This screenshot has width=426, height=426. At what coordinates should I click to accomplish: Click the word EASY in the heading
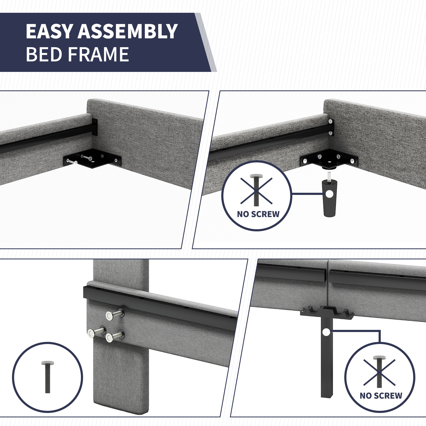49,31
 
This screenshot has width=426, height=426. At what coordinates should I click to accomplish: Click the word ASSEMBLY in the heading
127,31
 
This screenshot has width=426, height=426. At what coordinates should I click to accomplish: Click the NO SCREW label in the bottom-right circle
381,395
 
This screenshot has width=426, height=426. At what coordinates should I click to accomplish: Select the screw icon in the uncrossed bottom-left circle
46,378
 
